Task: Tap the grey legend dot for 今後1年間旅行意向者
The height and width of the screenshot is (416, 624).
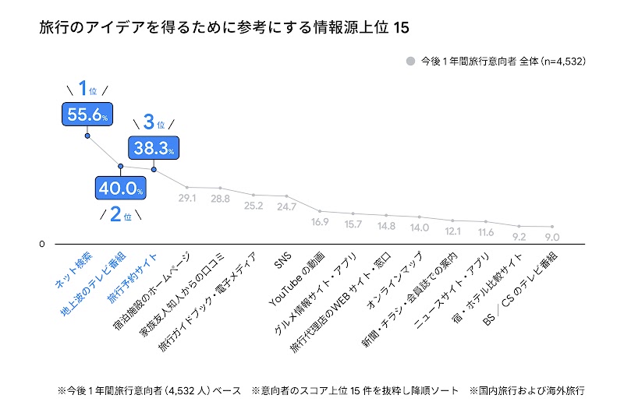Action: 409,61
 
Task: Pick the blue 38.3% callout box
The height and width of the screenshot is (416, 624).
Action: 154,146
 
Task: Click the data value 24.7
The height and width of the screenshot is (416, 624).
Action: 287,207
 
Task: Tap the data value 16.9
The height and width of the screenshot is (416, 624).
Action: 320,222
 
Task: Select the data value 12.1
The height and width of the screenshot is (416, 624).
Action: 453,231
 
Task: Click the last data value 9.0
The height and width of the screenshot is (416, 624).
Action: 552,237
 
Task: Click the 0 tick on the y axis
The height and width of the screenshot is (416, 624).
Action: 42,245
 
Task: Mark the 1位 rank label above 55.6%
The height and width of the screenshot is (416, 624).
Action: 87,88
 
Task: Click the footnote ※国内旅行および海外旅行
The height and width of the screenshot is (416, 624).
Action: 526,389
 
